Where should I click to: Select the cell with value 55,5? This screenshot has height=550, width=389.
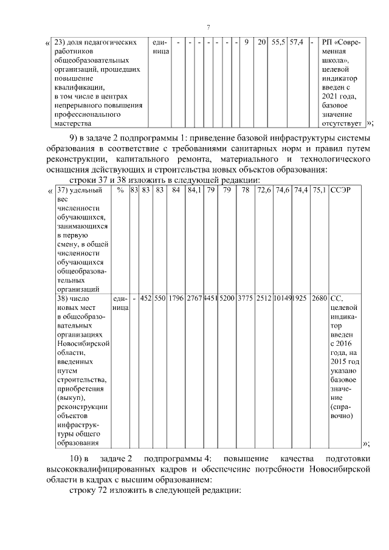pyautogui.click(x=278, y=42)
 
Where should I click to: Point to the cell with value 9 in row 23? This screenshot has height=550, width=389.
pyautogui.click(x=246, y=42)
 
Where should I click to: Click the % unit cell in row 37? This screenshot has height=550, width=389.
pyautogui.click(x=120, y=190)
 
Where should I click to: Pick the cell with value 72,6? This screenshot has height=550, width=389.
pyautogui.click(x=264, y=190)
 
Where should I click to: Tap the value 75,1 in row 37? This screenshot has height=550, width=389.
pyautogui.click(x=319, y=190)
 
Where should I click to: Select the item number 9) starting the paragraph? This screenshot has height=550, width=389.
pyautogui.click(x=74, y=137)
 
